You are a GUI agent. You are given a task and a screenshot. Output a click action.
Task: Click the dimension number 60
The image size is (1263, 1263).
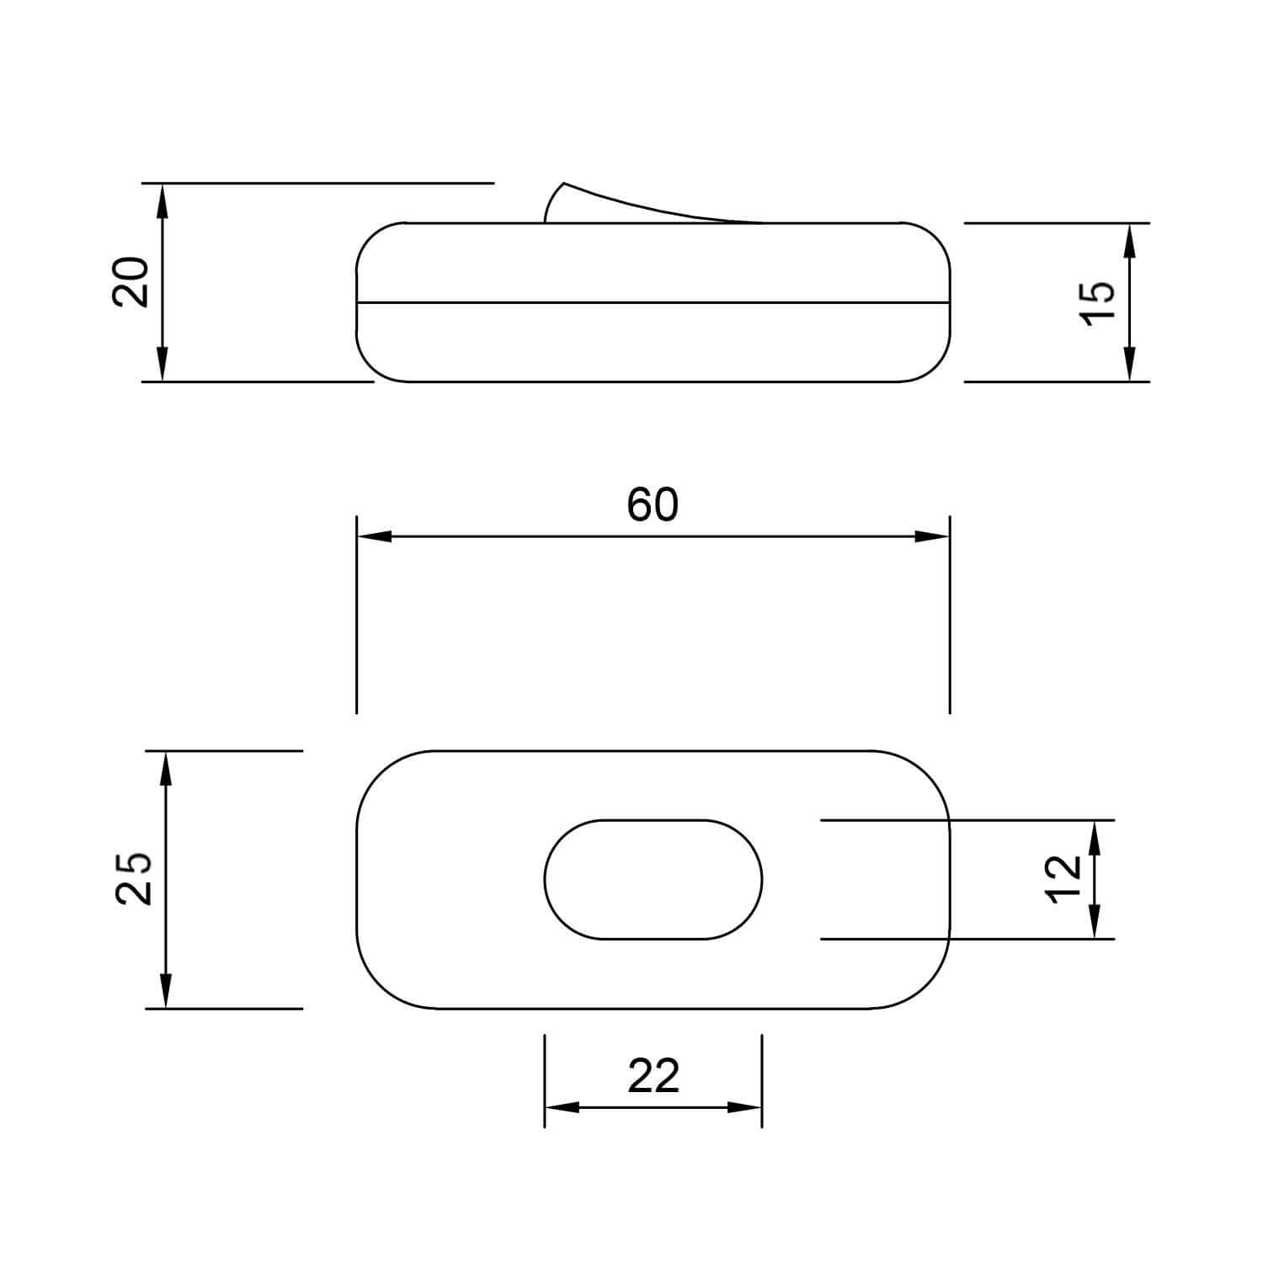pos(653,505)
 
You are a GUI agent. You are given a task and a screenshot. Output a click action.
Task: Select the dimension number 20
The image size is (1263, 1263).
pos(131,281)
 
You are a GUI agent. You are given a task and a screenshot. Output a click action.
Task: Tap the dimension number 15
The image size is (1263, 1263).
pos(1097,301)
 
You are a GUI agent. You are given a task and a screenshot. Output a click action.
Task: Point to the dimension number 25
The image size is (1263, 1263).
pos(133,878)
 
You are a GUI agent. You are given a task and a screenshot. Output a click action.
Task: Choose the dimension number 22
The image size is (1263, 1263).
pos(653,1076)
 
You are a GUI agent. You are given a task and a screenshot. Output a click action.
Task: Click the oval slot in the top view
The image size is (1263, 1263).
pos(653,879)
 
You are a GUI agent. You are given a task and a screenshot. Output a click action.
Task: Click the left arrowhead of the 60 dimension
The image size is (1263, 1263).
pos(374,536)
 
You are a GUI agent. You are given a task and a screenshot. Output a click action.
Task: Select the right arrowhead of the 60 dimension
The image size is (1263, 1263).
pos(933,536)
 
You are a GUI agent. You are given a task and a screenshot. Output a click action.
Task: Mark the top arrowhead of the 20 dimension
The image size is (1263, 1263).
pos(163,199)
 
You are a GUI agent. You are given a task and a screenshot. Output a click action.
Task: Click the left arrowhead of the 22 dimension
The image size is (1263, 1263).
pos(562,1107)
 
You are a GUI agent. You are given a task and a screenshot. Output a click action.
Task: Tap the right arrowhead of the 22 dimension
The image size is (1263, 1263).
pos(745,1107)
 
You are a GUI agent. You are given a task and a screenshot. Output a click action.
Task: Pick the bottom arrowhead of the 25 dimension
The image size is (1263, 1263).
pos(165,991)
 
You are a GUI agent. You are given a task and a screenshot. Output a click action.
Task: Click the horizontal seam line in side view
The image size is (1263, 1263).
pos(653,301)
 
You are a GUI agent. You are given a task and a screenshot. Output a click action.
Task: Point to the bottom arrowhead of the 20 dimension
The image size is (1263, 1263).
pos(163,365)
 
